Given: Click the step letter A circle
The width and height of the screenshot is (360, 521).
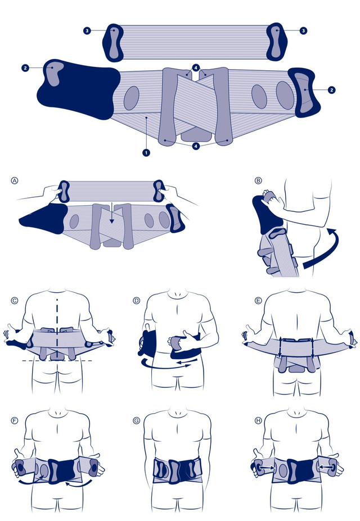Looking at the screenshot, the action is coord(14,181).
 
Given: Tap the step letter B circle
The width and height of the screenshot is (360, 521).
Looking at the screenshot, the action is coord(258,181).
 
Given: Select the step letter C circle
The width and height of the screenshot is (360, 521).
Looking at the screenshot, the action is coord(14,301).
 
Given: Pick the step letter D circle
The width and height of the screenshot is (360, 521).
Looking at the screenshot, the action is coord(136,301).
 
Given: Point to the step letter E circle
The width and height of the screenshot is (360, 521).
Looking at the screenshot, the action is coord(258,301).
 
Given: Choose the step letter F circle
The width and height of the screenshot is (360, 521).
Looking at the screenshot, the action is coord(14,420).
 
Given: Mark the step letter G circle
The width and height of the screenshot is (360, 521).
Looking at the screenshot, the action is coord(136,420).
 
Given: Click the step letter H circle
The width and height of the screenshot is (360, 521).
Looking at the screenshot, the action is coord(258,420).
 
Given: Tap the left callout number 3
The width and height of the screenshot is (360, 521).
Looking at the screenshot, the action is coord(87,31).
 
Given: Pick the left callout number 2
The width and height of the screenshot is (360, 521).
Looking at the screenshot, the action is coord(26,68).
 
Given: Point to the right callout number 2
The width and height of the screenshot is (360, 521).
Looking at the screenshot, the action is coord(331,90).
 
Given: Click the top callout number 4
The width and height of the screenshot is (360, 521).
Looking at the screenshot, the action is coord(196,68).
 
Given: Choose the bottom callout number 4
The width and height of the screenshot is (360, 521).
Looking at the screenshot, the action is coord(196,146).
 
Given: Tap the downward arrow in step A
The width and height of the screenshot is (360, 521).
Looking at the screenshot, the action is coord(112,214).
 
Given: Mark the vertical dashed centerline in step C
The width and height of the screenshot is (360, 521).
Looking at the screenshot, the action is coord(57,329).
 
